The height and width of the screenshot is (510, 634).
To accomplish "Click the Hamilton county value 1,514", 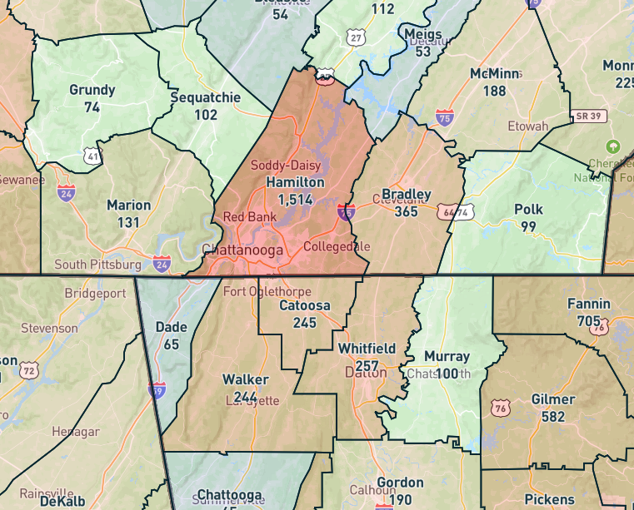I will (295, 199).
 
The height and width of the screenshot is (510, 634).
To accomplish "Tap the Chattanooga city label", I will (242, 250).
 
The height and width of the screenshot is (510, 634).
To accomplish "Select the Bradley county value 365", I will (406, 211).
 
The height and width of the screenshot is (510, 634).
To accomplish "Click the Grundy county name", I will (92, 90).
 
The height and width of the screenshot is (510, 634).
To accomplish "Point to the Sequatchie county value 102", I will (205, 115).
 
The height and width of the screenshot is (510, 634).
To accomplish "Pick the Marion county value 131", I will (128, 222).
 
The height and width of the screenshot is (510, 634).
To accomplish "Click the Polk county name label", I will (528, 210).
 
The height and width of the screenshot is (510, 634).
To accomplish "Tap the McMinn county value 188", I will (494, 90).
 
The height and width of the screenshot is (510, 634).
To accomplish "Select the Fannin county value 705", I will (588, 320).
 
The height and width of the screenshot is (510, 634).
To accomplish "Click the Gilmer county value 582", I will (553, 416).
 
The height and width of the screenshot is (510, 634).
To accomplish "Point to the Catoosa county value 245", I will (304, 322).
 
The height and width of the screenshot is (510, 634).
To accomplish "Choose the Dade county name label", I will (171, 327).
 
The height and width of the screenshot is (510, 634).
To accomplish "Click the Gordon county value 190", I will (400, 499).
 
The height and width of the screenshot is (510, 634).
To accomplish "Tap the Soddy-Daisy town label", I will (286, 166).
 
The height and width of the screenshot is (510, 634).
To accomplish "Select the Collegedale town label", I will (337, 247).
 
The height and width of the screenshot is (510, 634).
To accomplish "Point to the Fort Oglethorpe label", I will (267, 292).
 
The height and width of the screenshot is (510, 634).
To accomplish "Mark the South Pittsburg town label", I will (97, 265).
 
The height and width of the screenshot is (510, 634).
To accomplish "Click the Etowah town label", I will (528, 126).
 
